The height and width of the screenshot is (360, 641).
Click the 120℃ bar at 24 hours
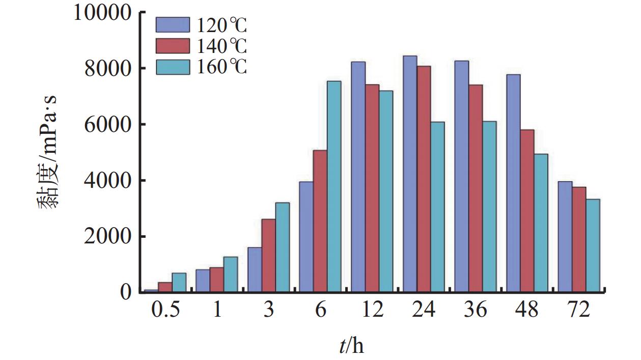[410, 174]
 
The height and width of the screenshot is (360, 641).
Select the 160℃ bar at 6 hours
[334, 186]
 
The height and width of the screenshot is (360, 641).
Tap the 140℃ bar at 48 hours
[527, 211]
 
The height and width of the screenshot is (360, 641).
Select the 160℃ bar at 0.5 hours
[179, 283]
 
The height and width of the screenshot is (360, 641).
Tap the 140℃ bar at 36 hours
[476, 188]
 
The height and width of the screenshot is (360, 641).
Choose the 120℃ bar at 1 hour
[203, 281]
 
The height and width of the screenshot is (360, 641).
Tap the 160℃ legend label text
[221, 67]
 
